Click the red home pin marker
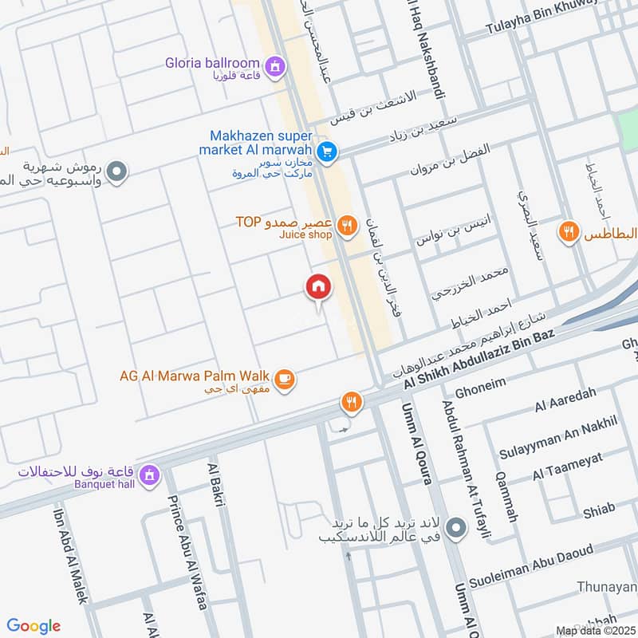[318, 286]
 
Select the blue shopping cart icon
[325, 150]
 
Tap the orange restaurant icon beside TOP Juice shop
[345, 226]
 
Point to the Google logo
[34, 626]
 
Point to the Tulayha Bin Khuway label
[552, 20]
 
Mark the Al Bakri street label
[216, 484]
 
